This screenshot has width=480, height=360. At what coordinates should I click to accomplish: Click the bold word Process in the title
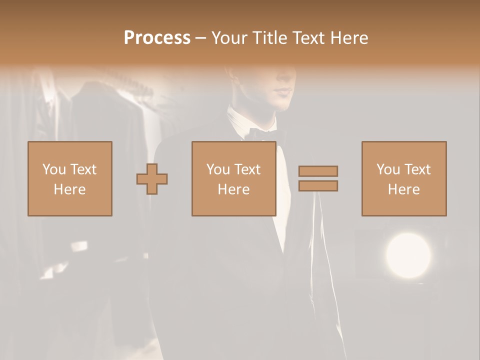(157, 38)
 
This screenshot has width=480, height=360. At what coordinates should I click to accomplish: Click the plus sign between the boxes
(152, 179)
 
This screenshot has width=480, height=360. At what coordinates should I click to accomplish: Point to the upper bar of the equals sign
(318, 171)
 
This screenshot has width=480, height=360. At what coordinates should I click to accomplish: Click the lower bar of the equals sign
(318, 186)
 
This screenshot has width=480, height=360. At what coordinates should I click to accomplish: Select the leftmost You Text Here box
(70, 178)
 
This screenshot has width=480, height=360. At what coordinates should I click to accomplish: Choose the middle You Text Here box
(233, 178)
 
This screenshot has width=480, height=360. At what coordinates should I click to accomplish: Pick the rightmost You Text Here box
(404, 178)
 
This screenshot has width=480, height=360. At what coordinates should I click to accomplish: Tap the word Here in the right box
(403, 189)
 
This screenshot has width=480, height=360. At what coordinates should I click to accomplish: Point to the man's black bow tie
(265, 134)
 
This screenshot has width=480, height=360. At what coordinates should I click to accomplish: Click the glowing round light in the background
(408, 255)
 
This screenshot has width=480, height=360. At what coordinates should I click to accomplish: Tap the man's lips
(284, 91)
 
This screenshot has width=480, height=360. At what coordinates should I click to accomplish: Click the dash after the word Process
(200, 38)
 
